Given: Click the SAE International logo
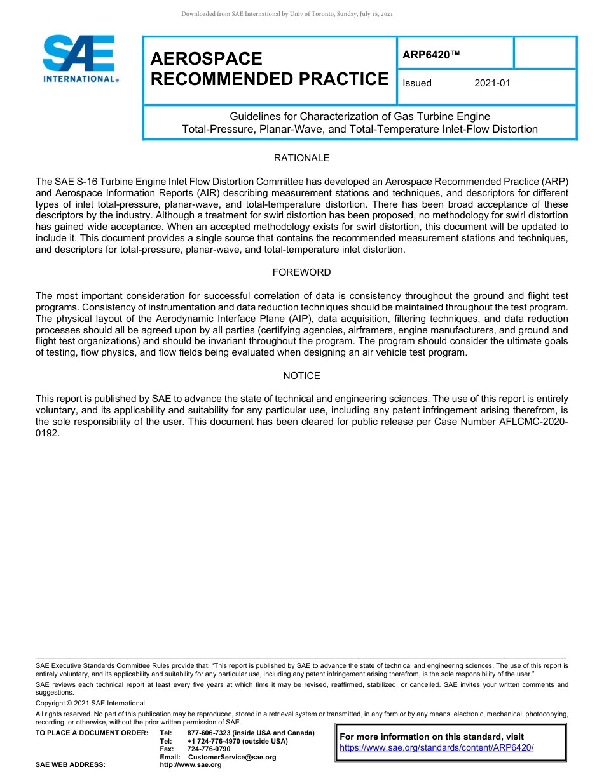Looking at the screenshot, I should click(79, 58).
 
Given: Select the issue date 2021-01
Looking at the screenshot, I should click(492, 83).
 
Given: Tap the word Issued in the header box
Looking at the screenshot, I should click(417, 83).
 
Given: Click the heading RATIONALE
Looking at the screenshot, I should click(301, 158).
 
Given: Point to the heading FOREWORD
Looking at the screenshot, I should click(301, 272).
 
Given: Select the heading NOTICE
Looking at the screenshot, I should click(301, 376).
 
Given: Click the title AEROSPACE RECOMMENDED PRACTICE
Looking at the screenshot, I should click(269, 69).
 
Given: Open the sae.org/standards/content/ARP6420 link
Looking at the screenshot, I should click(436, 747).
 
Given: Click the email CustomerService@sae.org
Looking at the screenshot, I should click(232, 757).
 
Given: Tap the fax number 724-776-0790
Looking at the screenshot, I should click(209, 749).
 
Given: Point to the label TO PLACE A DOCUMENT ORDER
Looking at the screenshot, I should click(92, 733).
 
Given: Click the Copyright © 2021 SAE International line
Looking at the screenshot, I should click(90, 703).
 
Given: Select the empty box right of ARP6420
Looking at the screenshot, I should click(544, 53).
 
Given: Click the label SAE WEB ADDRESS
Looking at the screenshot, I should click(70, 764).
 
